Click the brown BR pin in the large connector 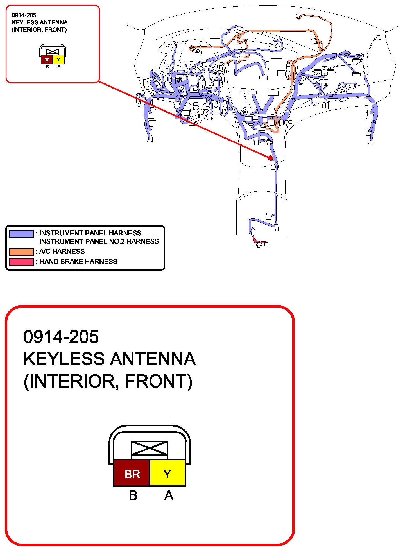132,474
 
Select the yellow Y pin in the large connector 167,474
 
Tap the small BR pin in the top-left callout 47,60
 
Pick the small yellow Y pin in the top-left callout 58,60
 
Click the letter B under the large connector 133,496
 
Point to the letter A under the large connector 169,496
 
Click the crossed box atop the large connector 150,449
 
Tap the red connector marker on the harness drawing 270,158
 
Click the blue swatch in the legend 21,234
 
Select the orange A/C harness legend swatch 21,252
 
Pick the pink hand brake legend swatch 21,262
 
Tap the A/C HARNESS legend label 62,251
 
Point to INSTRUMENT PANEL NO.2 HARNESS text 99,241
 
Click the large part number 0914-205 61,337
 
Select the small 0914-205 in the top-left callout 24,15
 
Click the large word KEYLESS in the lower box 64,359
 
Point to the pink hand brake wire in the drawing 260,241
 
